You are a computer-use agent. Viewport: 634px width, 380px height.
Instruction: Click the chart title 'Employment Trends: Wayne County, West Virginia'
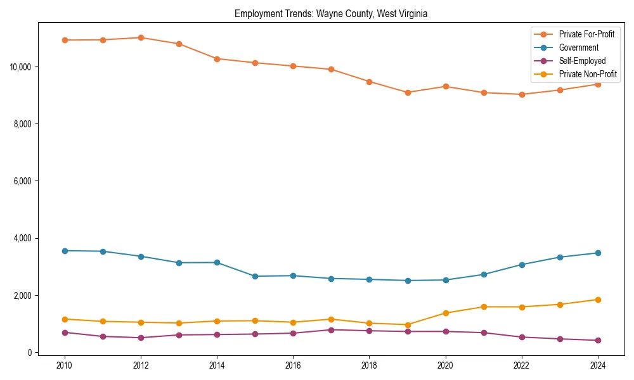(x=331, y=14)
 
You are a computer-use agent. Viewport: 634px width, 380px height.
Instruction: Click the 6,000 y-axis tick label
(x=22, y=181)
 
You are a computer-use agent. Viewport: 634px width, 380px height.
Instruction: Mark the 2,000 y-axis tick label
(x=22, y=296)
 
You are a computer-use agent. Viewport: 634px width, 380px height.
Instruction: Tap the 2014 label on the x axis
(x=217, y=365)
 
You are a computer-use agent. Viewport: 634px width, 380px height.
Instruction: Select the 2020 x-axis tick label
(x=446, y=365)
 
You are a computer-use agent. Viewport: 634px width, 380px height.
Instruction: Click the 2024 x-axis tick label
(x=598, y=365)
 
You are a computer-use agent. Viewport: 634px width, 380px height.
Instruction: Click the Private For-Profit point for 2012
(x=141, y=37)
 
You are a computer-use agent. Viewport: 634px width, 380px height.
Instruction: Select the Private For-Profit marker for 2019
(x=408, y=92)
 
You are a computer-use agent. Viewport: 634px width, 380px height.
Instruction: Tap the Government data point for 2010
(x=65, y=251)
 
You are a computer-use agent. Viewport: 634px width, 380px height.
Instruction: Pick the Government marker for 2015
(x=255, y=276)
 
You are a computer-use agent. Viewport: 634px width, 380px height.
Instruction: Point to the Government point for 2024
(x=598, y=253)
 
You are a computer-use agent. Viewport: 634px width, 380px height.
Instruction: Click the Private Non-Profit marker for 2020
(x=446, y=313)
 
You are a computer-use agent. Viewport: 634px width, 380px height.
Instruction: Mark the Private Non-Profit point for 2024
(x=598, y=300)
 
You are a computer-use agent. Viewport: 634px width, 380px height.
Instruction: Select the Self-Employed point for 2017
(x=331, y=329)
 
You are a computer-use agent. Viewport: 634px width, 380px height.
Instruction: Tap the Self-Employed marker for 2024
(x=598, y=340)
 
